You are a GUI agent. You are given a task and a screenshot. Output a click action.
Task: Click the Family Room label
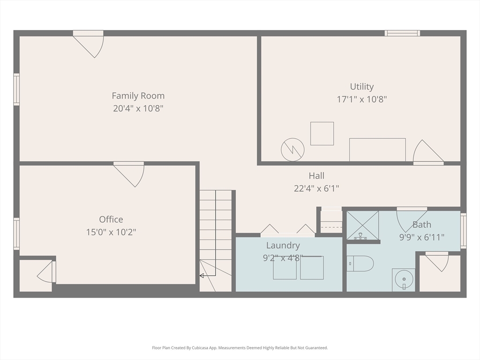[x=138, y=96]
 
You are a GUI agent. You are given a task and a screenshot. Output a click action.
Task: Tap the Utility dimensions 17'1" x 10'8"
[x=362, y=99]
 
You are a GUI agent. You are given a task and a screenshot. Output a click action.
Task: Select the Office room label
[x=111, y=219]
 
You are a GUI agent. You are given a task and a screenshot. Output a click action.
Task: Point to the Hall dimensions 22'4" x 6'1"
[x=316, y=188]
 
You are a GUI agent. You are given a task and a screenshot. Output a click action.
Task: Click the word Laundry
[x=283, y=246]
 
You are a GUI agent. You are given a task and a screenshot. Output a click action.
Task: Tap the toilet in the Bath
[x=360, y=263]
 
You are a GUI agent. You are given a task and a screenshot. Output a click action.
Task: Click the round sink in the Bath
[x=404, y=280]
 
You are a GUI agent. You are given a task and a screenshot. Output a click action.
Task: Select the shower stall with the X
[x=363, y=225]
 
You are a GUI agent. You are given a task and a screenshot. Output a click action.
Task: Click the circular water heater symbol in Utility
[x=292, y=150]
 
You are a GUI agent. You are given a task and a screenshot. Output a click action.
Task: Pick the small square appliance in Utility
[x=322, y=134]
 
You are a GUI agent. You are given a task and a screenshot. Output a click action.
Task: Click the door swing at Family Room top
[x=89, y=46]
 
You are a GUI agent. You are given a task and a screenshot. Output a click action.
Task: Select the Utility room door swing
[x=428, y=151]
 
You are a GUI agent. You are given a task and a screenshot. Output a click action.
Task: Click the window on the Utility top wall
[x=402, y=33]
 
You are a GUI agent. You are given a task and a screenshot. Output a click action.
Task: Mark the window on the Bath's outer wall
[x=464, y=231]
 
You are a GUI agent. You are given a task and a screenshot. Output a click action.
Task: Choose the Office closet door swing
[x=46, y=271]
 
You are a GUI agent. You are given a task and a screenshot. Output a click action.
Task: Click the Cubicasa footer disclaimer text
[x=240, y=348]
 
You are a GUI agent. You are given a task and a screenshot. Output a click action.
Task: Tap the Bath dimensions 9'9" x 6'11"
[x=422, y=237]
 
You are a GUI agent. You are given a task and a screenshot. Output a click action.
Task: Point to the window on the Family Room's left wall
[x=16, y=90]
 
